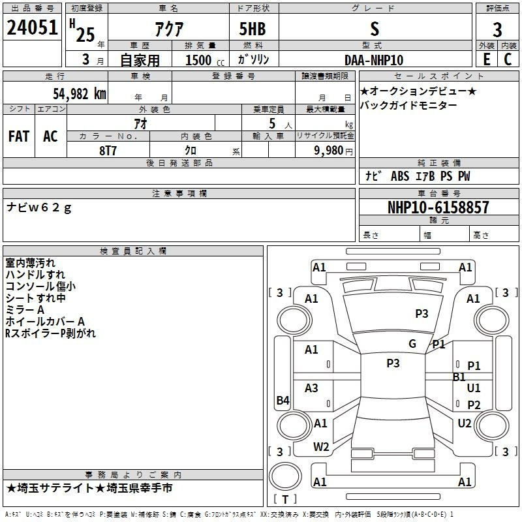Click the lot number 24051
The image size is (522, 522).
pyautogui.click(x=32, y=27)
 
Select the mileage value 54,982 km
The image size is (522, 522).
pyautogui.click(x=80, y=94)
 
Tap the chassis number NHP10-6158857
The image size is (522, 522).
pyautogui.click(x=438, y=207)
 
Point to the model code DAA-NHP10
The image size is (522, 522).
pyautogui.click(x=374, y=60)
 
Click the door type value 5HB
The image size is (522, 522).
pyautogui.click(x=253, y=29)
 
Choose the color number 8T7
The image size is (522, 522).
pyautogui.click(x=108, y=151)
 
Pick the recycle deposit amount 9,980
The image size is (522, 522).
pyautogui.click(x=329, y=151)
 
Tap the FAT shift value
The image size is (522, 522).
pyautogui.click(x=19, y=136)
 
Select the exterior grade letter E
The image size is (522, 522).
pyautogui.click(x=487, y=59)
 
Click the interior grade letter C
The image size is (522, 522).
pyautogui.click(x=508, y=59)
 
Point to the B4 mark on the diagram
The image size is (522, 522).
pyautogui.click(x=283, y=400)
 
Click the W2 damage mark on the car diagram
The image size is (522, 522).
pyautogui.click(x=321, y=447)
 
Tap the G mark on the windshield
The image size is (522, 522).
pyautogui.click(x=412, y=344)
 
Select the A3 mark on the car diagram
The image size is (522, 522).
pyautogui.click(x=311, y=388)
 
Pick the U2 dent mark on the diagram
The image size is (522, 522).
pyautogui.click(x=465, y=423)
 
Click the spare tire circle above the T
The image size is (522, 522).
pyautogui.click(x=285, y=476)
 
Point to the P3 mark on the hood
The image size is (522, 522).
pyautogui.click(x=422, y=314)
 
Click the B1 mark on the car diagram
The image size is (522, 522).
pyautogui.click(x=459, y=377)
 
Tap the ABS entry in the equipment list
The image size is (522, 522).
pyautogui.click(x=400, y=176)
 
